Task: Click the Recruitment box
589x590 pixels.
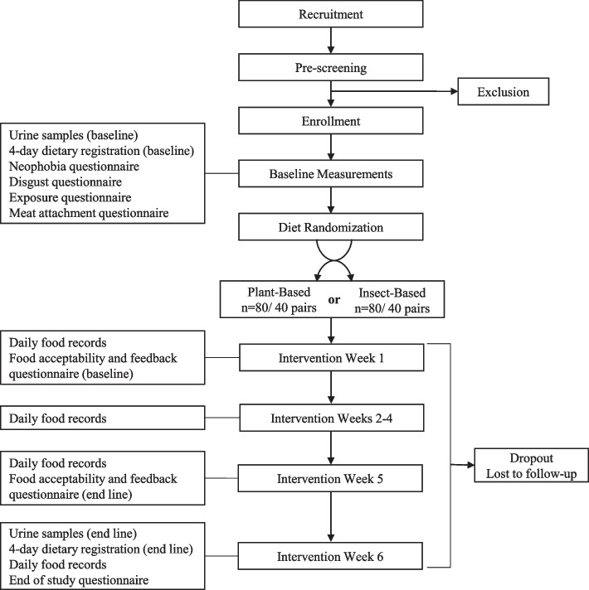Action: click(x=331, y=16)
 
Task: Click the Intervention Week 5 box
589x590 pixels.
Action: click(x=331, y=478)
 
